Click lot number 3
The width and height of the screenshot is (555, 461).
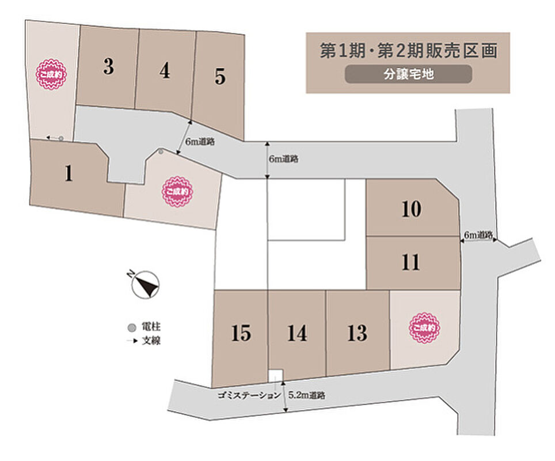tap(108, 67)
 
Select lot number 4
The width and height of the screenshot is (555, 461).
tap(165, 71)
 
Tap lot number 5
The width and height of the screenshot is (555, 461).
tap(220, 77)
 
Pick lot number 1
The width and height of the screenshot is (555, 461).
tap(69, 173)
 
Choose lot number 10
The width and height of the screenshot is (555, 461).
tap(411, 209)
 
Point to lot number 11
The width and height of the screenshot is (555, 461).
tap(411, 263)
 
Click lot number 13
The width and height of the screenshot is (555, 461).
tap(357, 332)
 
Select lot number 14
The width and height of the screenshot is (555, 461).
tap(296, 333)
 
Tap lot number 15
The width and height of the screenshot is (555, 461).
tap(241, 333)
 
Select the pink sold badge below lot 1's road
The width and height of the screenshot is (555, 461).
tap(178, 191)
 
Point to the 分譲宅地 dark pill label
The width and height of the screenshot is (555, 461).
tap(408, 74)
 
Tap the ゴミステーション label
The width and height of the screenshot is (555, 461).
tap(249, 395)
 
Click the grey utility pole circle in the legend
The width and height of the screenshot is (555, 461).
tap(132, 328)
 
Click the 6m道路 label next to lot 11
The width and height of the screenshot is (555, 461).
tap(478, 235)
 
